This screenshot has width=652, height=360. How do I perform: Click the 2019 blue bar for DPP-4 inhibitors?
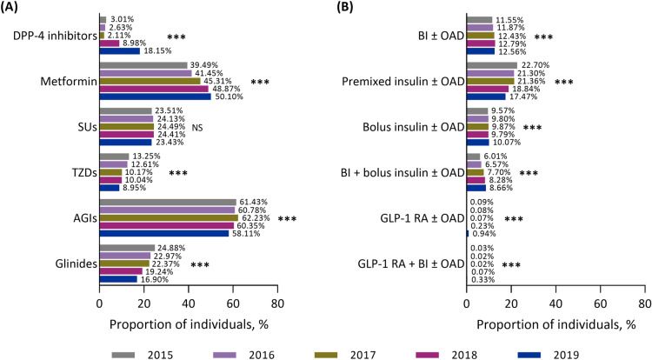[119, 50]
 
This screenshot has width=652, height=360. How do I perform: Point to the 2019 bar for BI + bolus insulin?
[476, 187]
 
